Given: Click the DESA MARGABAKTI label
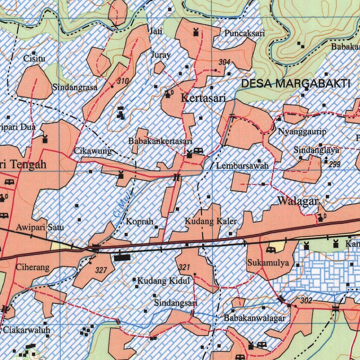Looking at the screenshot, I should click(296, 84).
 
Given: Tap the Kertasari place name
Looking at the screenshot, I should click(203, 98).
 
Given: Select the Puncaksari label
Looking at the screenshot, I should click(245, 33).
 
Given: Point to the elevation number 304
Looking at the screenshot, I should click(224, 62).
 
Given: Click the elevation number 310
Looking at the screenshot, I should click(123, 81).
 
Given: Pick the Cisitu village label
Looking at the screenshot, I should click(34, 59).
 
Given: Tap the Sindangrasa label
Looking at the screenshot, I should click(75, 87).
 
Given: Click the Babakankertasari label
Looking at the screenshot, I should click(160, 141).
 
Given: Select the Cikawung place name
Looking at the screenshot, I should click(93, 152).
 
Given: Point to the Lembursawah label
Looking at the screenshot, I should click(242, 165).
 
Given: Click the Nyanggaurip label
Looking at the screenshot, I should click(302, 132).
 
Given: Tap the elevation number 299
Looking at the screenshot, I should click(334, 164).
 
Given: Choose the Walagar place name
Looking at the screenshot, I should click(298, 201).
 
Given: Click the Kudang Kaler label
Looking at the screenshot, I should click(211, 221).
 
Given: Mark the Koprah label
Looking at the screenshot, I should click(140, 221).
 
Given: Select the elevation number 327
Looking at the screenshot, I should click(101, 270).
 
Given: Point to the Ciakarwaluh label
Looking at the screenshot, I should click(26, 330).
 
